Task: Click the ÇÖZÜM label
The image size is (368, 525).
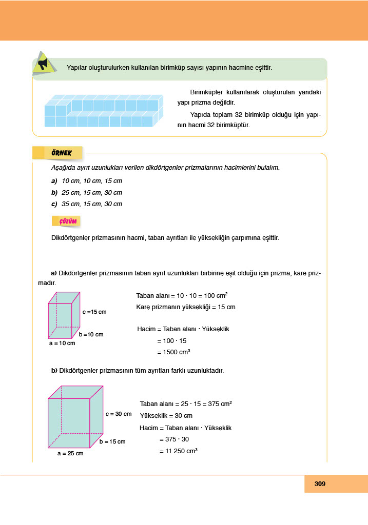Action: [x=68, y=221]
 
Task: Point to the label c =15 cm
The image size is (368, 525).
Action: [x=94, y=312]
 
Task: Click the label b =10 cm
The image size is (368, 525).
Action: [x=91, y=334]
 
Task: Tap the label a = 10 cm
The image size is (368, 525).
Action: [x=62, y=343]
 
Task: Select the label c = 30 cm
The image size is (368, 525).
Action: [x=119, y=414]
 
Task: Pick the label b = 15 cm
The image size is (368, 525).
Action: [x=112, y=441]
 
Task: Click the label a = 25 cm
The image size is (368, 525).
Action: [x=70, y=453]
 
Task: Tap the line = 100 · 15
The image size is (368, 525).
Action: [x=172, y=340]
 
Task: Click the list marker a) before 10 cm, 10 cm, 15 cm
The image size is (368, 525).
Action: [x=54, y=181]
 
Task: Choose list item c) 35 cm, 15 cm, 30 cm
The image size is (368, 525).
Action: [x=87, y=204]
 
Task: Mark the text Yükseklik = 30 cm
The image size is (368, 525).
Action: [x=166, y=416]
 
